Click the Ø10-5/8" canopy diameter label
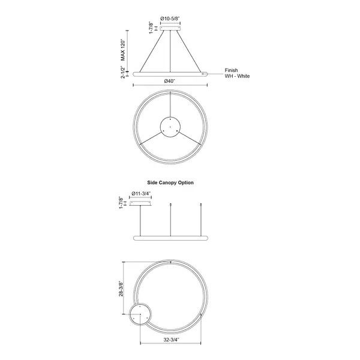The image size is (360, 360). (x=170, y=19)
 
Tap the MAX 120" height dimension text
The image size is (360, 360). (x=123, y=50)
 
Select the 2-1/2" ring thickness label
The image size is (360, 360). (x=123, y=72)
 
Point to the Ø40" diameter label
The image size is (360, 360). (x=170, y=81)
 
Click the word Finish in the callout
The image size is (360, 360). (x=231, y=70)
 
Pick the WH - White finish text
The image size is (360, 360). (x=237, y=76)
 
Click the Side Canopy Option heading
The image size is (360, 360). (x=170, y=182)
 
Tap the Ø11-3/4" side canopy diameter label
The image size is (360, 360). (x=141, y=194)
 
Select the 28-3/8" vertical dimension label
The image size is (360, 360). (x=121, y=289)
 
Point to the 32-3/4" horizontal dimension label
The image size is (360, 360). (x=171, y=340)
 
